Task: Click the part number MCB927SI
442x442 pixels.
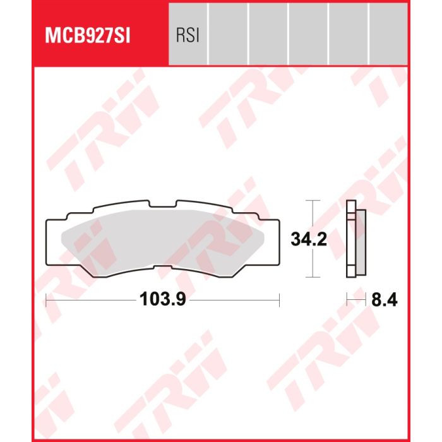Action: (88, 35)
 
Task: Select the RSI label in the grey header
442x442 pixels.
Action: (188, 36)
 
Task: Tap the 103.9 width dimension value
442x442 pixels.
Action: (163, 299)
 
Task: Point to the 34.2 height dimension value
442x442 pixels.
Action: (309, 239)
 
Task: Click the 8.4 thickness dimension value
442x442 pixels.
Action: (384, 300)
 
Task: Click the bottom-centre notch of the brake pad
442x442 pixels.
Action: (163, 266)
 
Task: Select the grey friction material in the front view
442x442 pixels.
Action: (163, 239)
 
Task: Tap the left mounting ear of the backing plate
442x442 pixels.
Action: (56, 242)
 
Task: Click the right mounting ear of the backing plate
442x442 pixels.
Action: (270, 242)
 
